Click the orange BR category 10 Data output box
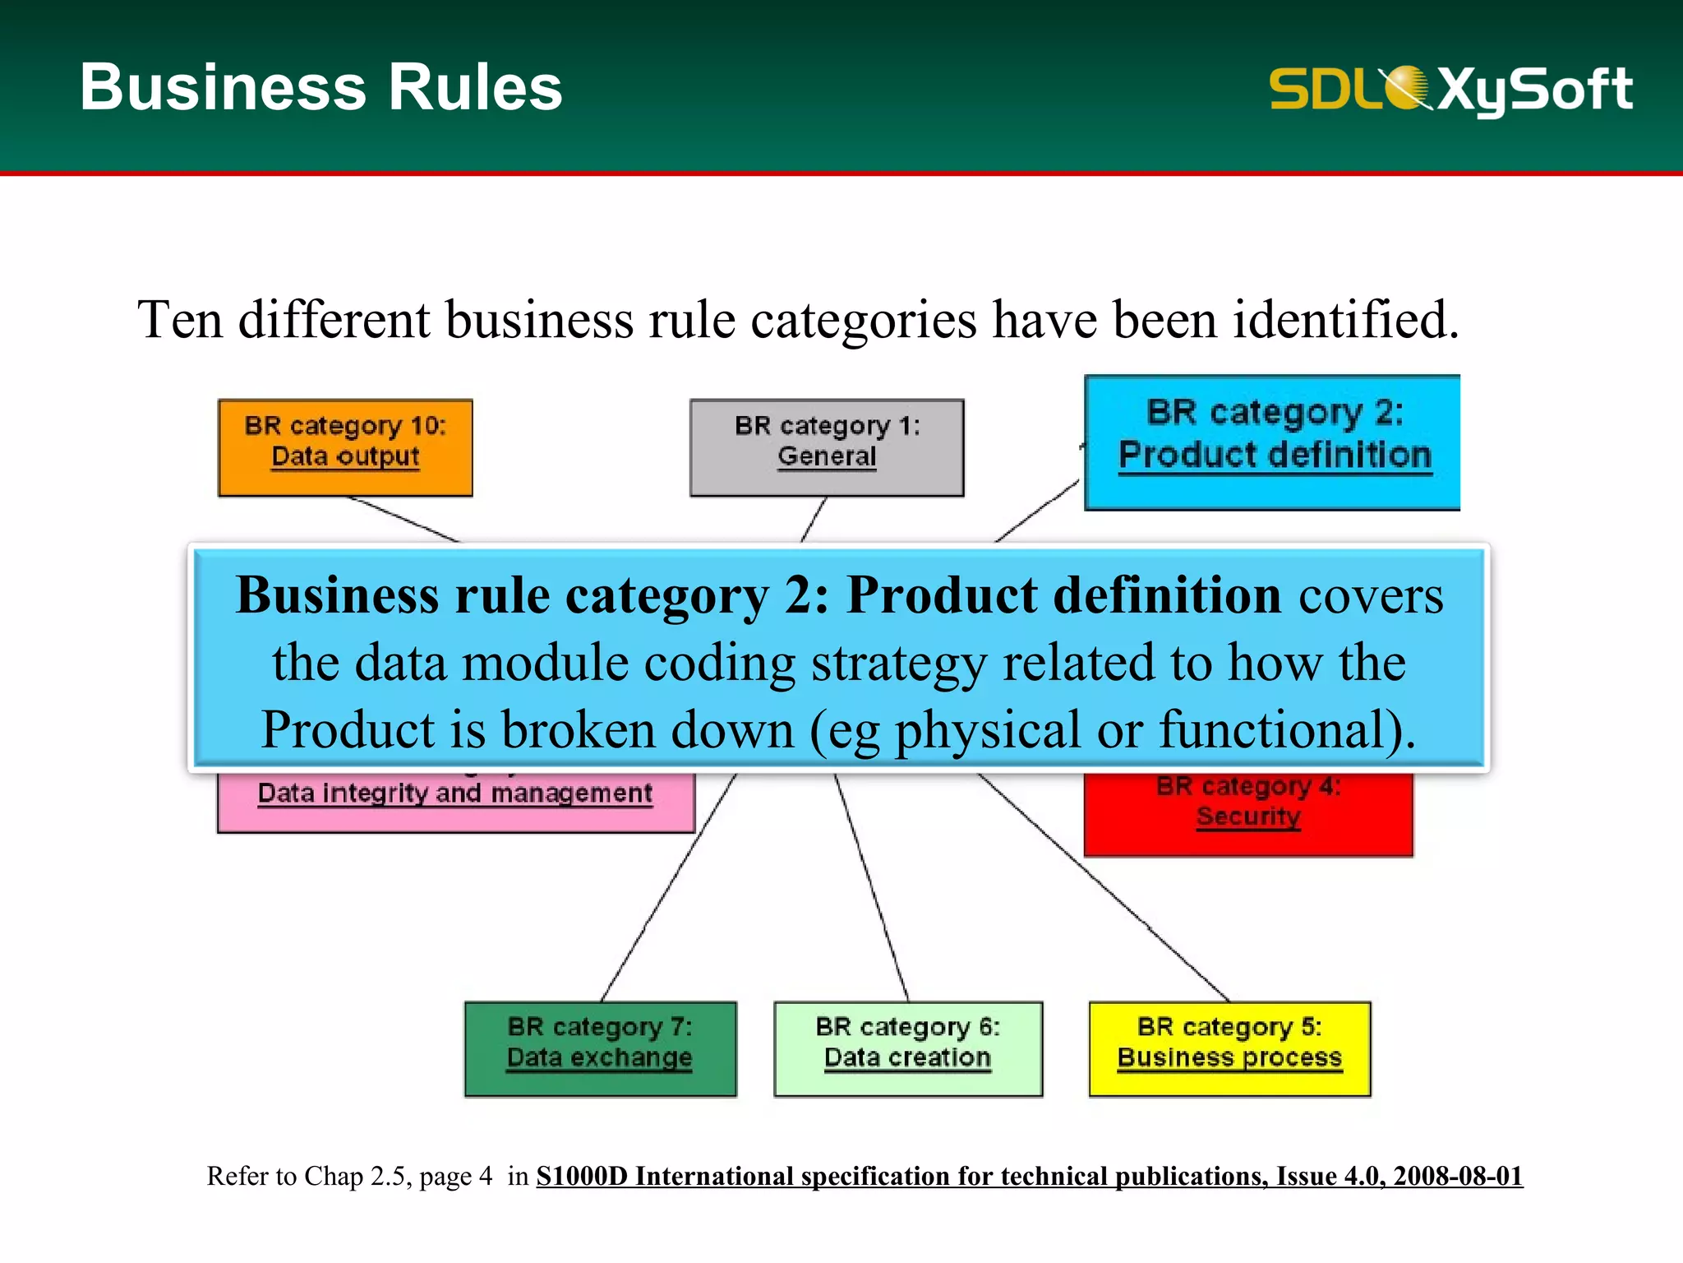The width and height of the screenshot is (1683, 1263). point(345,447)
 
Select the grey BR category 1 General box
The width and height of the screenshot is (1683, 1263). point(827,447)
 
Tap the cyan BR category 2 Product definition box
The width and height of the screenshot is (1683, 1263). point(1272,442)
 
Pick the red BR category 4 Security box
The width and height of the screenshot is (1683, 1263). point(1248,814)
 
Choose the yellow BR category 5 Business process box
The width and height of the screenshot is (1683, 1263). point(1229,1048)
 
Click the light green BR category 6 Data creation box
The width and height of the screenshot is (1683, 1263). point(908,1048)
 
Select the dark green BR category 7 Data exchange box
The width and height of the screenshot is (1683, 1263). point(600,1048)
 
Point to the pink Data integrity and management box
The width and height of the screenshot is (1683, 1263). point(455,802)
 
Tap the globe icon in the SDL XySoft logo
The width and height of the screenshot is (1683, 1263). point(1407,87)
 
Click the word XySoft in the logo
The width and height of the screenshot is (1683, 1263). point(1535,89)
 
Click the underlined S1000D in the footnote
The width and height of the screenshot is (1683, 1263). point(582,1176)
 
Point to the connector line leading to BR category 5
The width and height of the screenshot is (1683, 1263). point(1105,888)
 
